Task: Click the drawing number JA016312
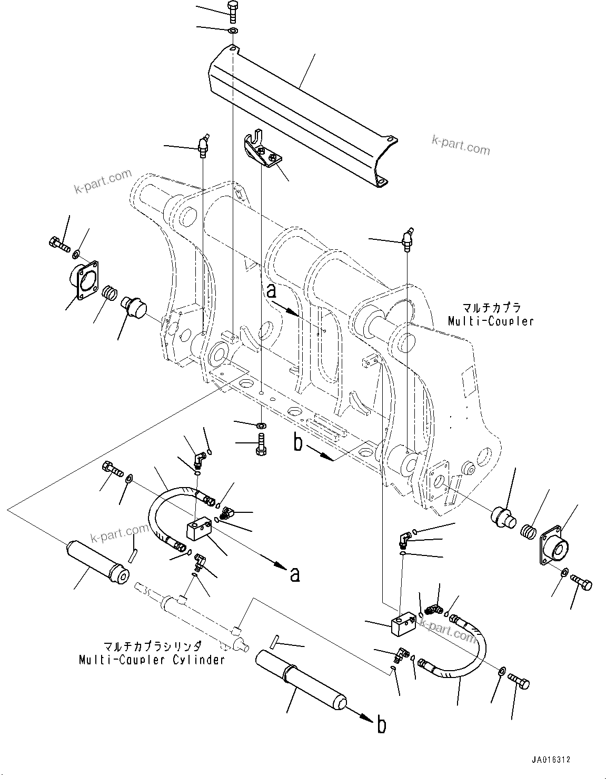tap(551, 760)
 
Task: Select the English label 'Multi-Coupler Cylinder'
tap(152, 659)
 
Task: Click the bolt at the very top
tap(232, 10)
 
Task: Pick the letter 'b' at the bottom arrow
tap(381, 725)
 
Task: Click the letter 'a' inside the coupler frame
tap(271, 290)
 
